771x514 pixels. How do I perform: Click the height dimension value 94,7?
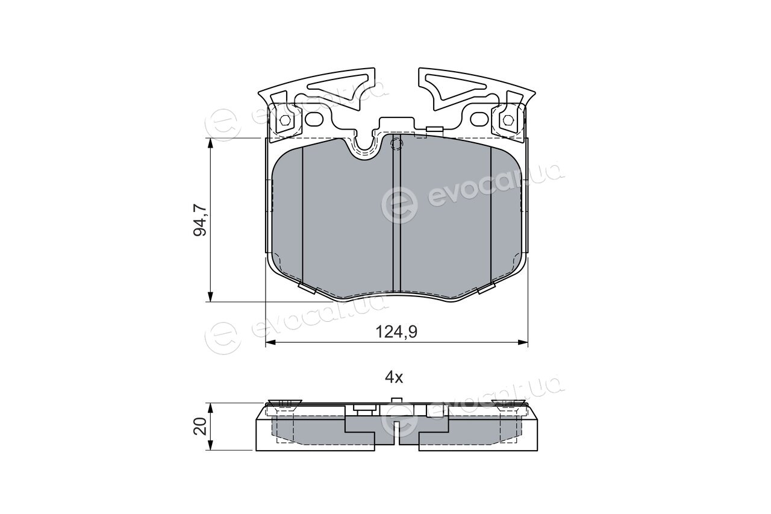(200, 221)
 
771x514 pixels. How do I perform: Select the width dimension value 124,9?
(396, 332)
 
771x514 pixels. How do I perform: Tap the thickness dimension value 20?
(200, 427)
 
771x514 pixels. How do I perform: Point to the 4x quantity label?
(394, 378)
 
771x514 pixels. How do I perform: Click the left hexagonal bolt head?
(286, 121)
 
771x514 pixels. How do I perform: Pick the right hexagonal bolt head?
(507, 121)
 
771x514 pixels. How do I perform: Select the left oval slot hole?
(314, 119)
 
